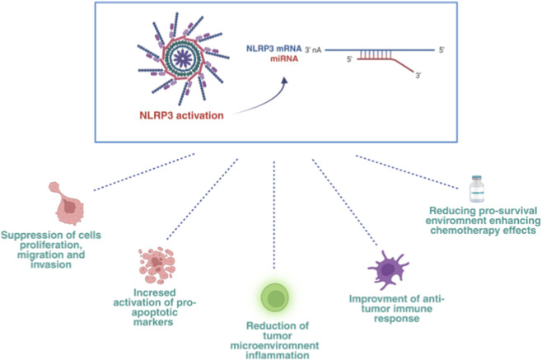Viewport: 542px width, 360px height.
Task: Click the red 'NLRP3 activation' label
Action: click(x=181, y=115)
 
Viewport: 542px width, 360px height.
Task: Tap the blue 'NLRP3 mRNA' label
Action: click(x=273, y=49)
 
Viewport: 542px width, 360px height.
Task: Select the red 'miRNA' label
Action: click(x=284, y=58)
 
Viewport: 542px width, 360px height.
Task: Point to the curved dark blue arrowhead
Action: click(x=284, y=81)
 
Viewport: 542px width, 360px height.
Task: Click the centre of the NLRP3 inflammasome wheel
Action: click(x=183, y=58)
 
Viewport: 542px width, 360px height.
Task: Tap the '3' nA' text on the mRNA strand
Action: click(x=313, y=50)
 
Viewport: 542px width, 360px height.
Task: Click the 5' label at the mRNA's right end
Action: click(x=442, y=50)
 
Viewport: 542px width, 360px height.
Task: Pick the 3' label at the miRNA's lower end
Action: click(x=418, y=75)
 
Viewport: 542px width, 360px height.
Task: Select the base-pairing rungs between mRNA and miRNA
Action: click(x=376, y=54)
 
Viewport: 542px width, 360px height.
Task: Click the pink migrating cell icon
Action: click(x=68, y=203)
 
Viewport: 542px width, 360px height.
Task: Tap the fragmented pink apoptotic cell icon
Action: click(x=157, y=265)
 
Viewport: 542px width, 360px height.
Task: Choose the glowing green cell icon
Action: click(x=275, y=297)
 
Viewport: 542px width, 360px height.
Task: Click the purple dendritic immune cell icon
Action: click(x=388, y=269)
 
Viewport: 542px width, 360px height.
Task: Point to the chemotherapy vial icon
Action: click(x=477, y=189)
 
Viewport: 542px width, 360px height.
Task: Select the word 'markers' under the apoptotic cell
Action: click(x=153, y=322)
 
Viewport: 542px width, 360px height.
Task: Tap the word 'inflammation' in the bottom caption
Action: click(x=278, y=355)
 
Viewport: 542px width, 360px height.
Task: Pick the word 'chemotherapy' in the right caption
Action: click(x=462, y=231)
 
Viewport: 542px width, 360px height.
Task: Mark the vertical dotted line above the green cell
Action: click(x=274, y=215)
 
